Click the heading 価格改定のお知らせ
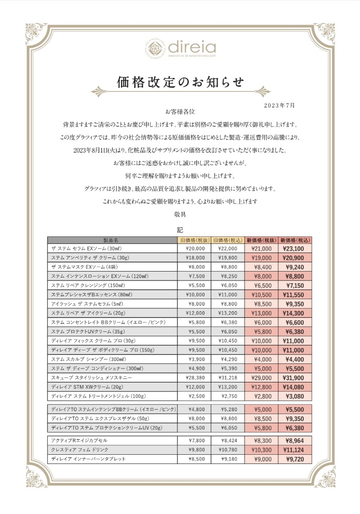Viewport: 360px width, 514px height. coord(180,82)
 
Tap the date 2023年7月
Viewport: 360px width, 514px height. coord(279,106)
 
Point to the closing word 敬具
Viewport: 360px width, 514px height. coord(180,213)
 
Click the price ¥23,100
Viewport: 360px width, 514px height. coord(294,248)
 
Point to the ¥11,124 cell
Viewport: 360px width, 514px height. coord(294,450)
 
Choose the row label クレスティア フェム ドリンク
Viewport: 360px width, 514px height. coord(80,450)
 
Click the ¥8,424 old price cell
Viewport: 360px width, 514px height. coord(227,440)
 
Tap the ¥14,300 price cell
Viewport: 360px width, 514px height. coord(294,312)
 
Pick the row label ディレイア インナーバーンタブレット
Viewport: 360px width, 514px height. coord(88,459)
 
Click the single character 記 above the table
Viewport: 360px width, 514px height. coord(180,229)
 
